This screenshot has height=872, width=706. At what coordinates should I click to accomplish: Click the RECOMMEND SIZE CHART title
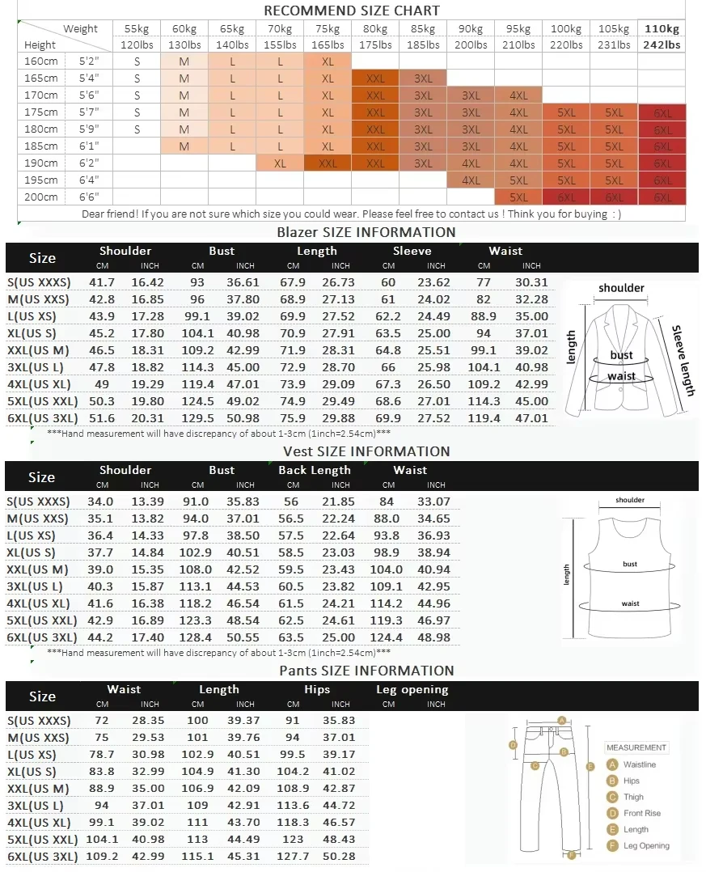(352, 11)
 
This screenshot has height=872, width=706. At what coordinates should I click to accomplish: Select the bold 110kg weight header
(662, 29)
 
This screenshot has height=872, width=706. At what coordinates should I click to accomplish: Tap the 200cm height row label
(40, 197)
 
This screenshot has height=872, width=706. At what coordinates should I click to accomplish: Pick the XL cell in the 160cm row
(328, 61)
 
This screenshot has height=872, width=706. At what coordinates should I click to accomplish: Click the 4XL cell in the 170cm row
(518, 95)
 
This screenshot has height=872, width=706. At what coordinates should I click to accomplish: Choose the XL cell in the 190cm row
(280, 163)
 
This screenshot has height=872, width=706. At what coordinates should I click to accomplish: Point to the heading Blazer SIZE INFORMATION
(366, 232)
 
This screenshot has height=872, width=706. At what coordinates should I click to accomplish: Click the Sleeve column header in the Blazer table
(412, 251)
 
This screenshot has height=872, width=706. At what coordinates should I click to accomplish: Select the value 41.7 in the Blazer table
(102, 282)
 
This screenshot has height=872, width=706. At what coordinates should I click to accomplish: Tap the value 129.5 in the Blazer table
(197, 418)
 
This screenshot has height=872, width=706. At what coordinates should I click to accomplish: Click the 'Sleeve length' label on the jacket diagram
(684, 360)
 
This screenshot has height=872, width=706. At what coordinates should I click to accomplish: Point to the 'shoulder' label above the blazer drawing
(621, 288)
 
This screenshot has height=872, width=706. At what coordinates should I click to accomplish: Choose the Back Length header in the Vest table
(315, 470)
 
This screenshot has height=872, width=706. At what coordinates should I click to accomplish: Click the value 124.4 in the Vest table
(388, 637)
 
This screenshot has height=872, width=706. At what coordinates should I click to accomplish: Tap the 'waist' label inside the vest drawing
(630, 603)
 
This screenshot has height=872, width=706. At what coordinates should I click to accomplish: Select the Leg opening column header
(412, 690)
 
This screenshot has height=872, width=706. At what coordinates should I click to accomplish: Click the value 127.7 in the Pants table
(293, 856)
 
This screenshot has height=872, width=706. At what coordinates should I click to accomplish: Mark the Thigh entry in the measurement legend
(633, 797)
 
